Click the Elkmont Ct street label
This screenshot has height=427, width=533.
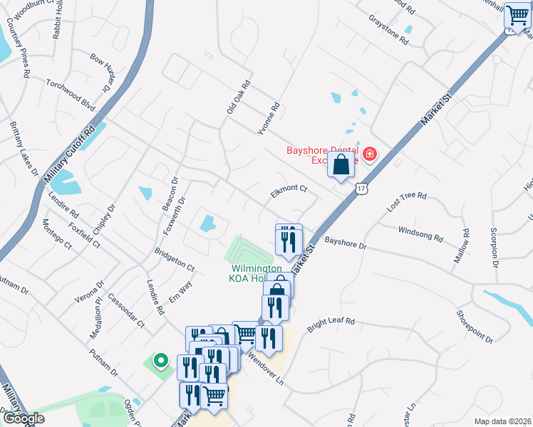[288, 191]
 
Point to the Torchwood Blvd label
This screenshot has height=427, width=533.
[71, 93]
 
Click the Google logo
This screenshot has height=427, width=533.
[24, 418]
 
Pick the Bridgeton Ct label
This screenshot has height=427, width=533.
[175, 259]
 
